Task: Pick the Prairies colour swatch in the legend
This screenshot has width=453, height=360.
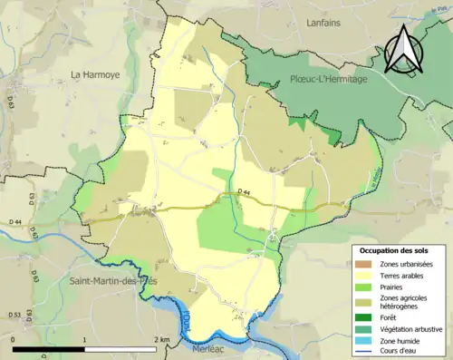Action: tap(367, 286)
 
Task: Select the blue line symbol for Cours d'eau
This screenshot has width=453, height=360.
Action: tap(367, 353)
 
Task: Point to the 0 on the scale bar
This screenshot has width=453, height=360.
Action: tap(14, 339)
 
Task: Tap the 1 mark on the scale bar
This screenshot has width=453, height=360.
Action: tap(84, 339)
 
